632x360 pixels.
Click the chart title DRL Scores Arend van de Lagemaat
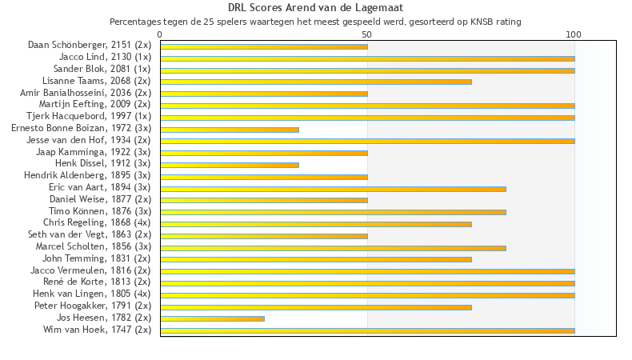(x=315, y=7)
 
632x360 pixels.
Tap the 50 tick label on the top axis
(x=367, y=34)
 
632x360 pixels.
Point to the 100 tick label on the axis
(x=574, y=34)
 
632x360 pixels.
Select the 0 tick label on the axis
(x=160, y=34)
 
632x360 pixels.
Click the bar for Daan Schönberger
(x=264, y=46)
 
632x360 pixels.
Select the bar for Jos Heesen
(x=212, y=318)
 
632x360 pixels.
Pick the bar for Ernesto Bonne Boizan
(x=230, y=130)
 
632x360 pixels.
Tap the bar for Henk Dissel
(x=230, y=165)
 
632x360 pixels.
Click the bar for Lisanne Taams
(x=316, y=82)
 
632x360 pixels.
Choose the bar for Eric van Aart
(x=333, y=189)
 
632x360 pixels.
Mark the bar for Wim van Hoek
(x=367, y=330)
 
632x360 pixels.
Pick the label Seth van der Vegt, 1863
(x=89, y=234)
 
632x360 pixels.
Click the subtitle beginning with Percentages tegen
(x=315, y=22)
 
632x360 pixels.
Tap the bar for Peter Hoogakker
(x=316, y=306)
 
